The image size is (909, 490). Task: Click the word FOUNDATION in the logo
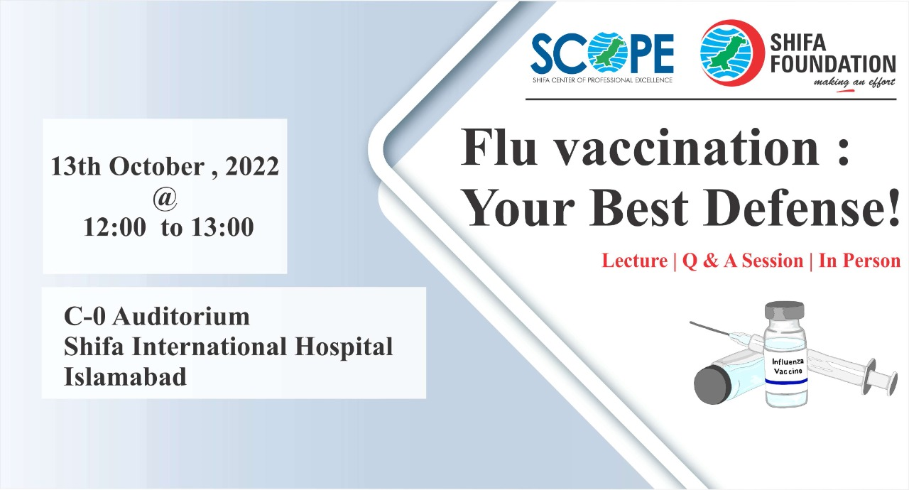pos(833,64)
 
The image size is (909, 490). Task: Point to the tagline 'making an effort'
pos(854,83)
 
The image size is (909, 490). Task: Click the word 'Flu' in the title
pos(499,147)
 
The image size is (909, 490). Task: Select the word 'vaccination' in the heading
pos(687,147)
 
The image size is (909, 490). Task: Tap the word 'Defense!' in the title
pos(801,207)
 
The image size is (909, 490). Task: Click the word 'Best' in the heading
pos(638,207)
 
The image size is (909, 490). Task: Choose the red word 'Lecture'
pos(635,261)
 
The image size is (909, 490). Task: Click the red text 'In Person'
pos(859,261)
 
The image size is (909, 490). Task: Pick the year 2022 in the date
pos(252,166)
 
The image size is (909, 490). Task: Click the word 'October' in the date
pos(157,166)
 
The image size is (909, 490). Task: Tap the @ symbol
pos(165,199)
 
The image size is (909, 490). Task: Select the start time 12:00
pos(115,227)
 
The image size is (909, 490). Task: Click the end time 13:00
pos(223,227)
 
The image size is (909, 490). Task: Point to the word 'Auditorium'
pos(181,317)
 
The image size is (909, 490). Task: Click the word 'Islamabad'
pos(126,376)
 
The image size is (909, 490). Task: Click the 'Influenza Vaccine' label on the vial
pos(788,366)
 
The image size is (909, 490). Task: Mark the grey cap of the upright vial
pos(785,310)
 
